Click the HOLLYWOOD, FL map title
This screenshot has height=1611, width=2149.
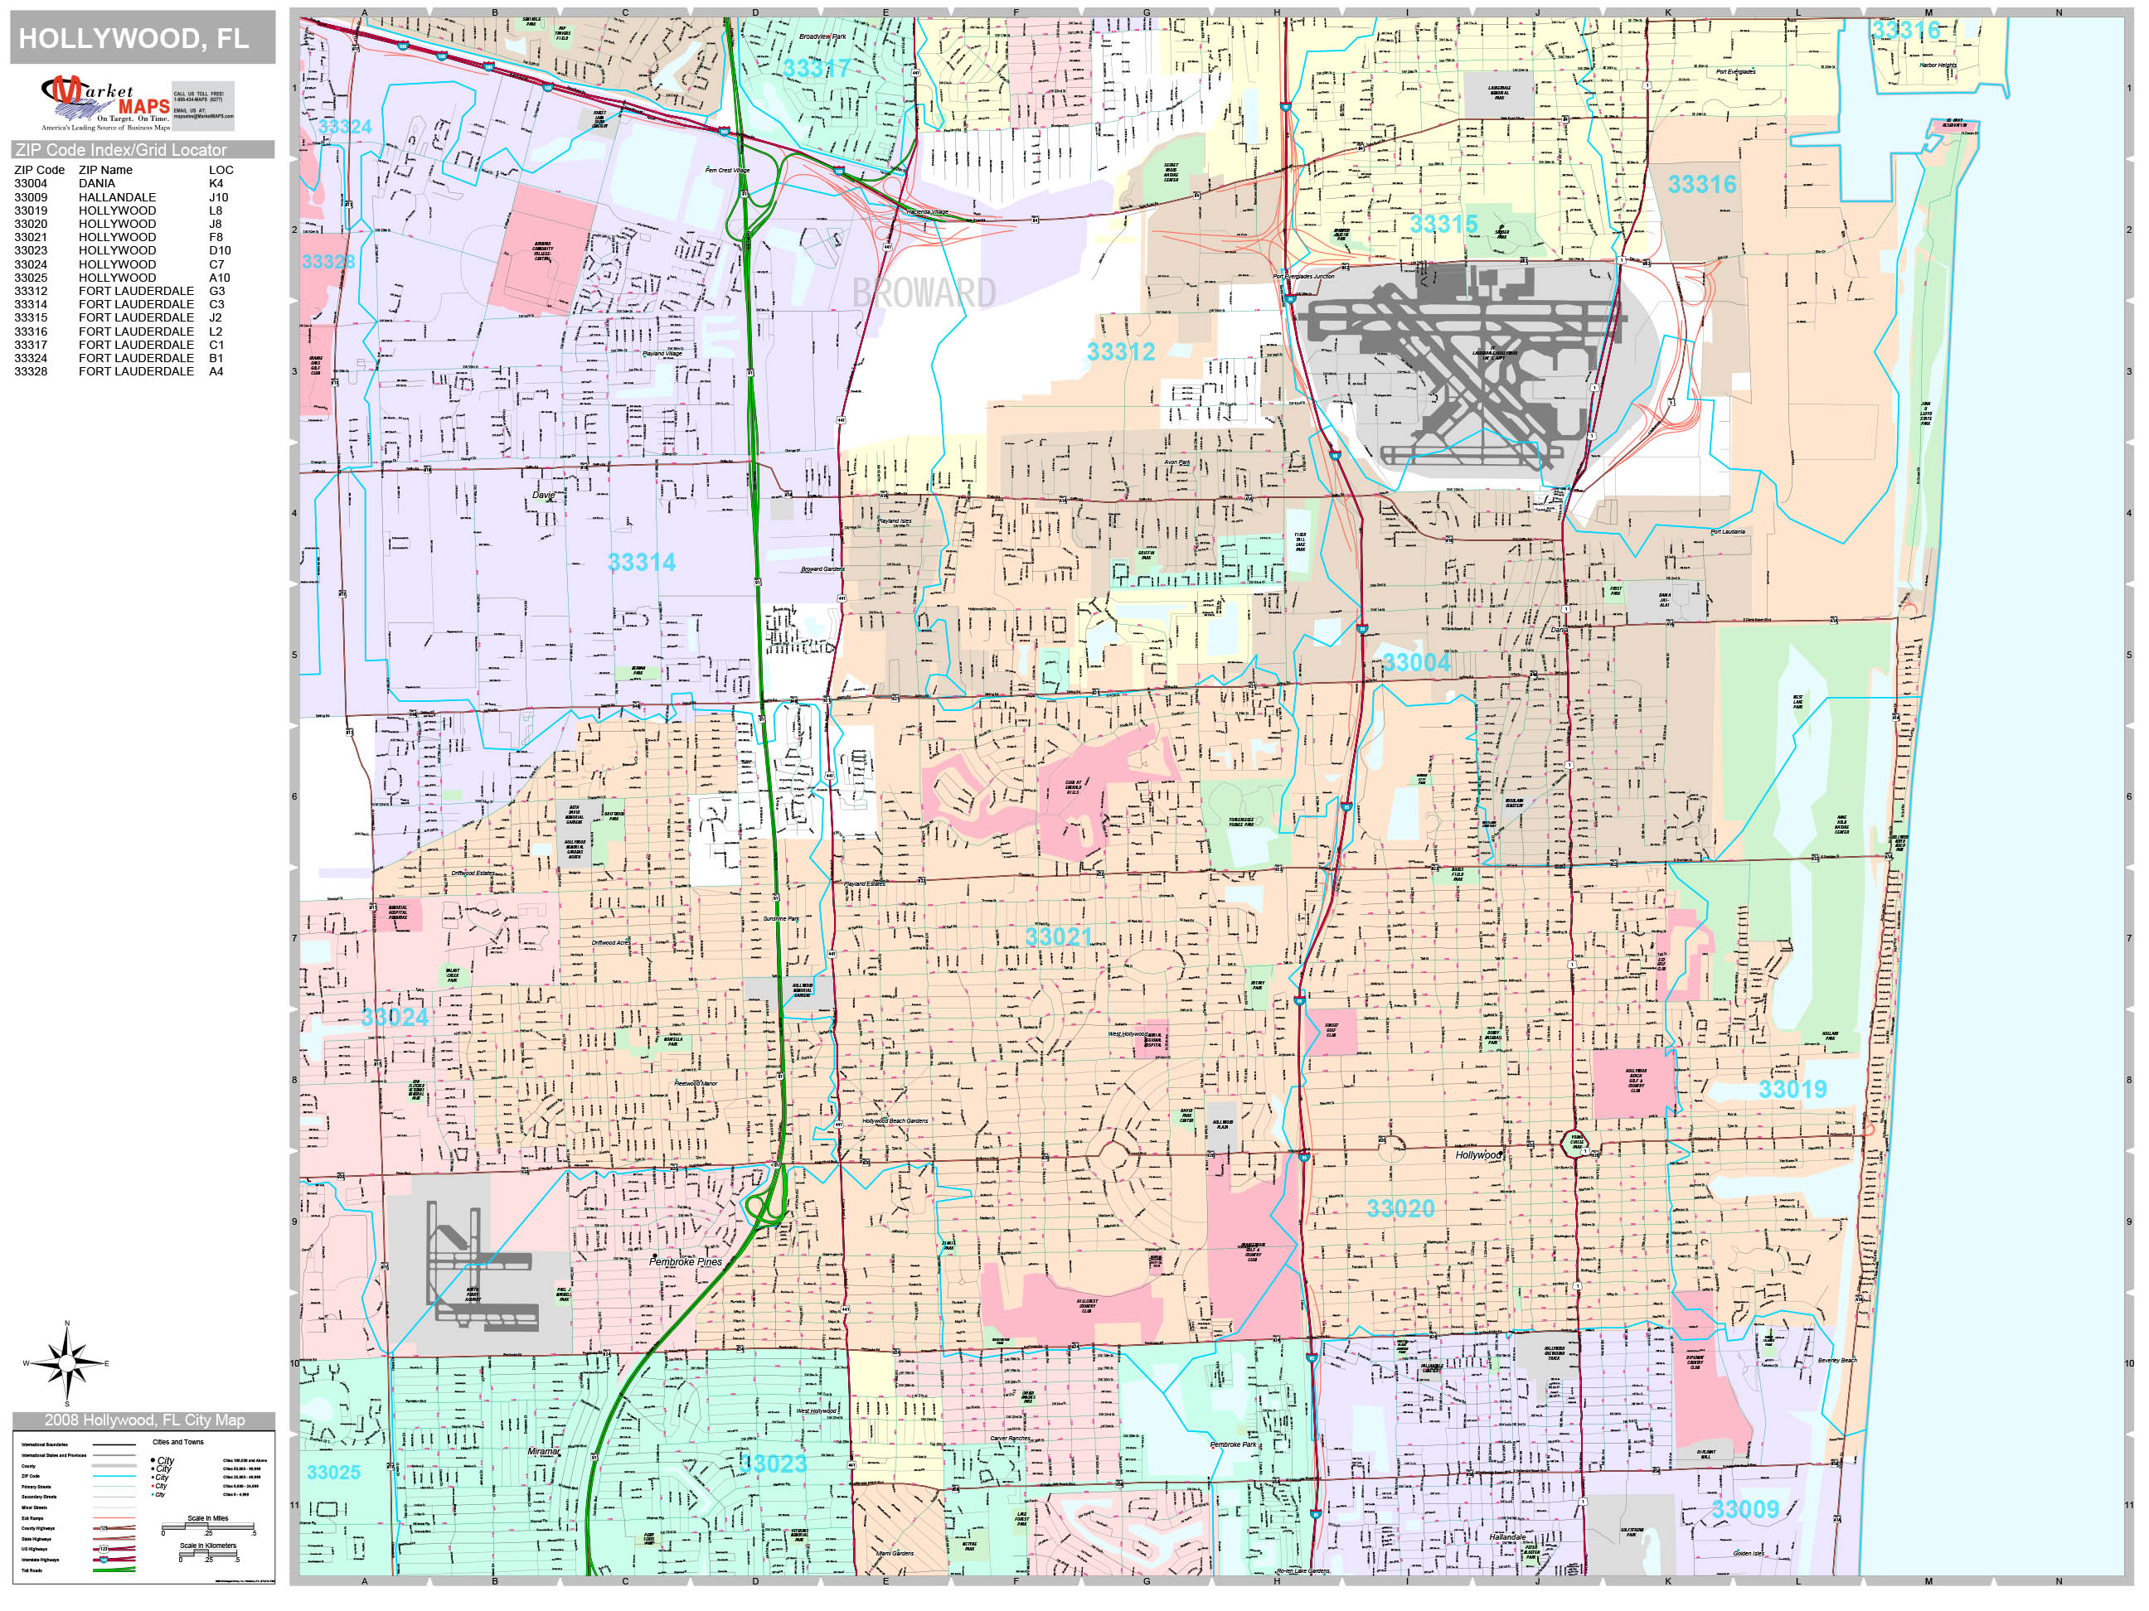click(133, 39)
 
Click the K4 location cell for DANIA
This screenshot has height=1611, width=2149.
click(216, 183)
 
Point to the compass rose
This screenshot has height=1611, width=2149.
click(67, 1363)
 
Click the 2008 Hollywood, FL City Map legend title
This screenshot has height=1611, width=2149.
click(142, 1420)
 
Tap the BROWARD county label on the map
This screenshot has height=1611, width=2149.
click(923, 293)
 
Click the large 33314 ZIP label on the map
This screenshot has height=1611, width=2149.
click(641, 562)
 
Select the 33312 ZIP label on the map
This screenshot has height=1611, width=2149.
click(1120, 351)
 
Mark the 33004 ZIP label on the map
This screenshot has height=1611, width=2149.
click(1415, 662)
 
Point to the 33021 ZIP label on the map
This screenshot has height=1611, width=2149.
click(1059, 937)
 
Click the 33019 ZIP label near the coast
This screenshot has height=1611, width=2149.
click(1792, 1090)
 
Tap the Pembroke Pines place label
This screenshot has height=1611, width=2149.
click(686, 1262)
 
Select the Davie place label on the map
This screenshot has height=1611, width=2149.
click(544, 496)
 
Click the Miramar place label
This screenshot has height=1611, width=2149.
click(544, 1452)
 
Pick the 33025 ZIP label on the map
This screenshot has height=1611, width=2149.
click(333, 1472)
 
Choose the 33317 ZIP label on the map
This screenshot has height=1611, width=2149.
click(816, 69)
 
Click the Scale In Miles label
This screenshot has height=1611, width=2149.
click(208, 1519)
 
